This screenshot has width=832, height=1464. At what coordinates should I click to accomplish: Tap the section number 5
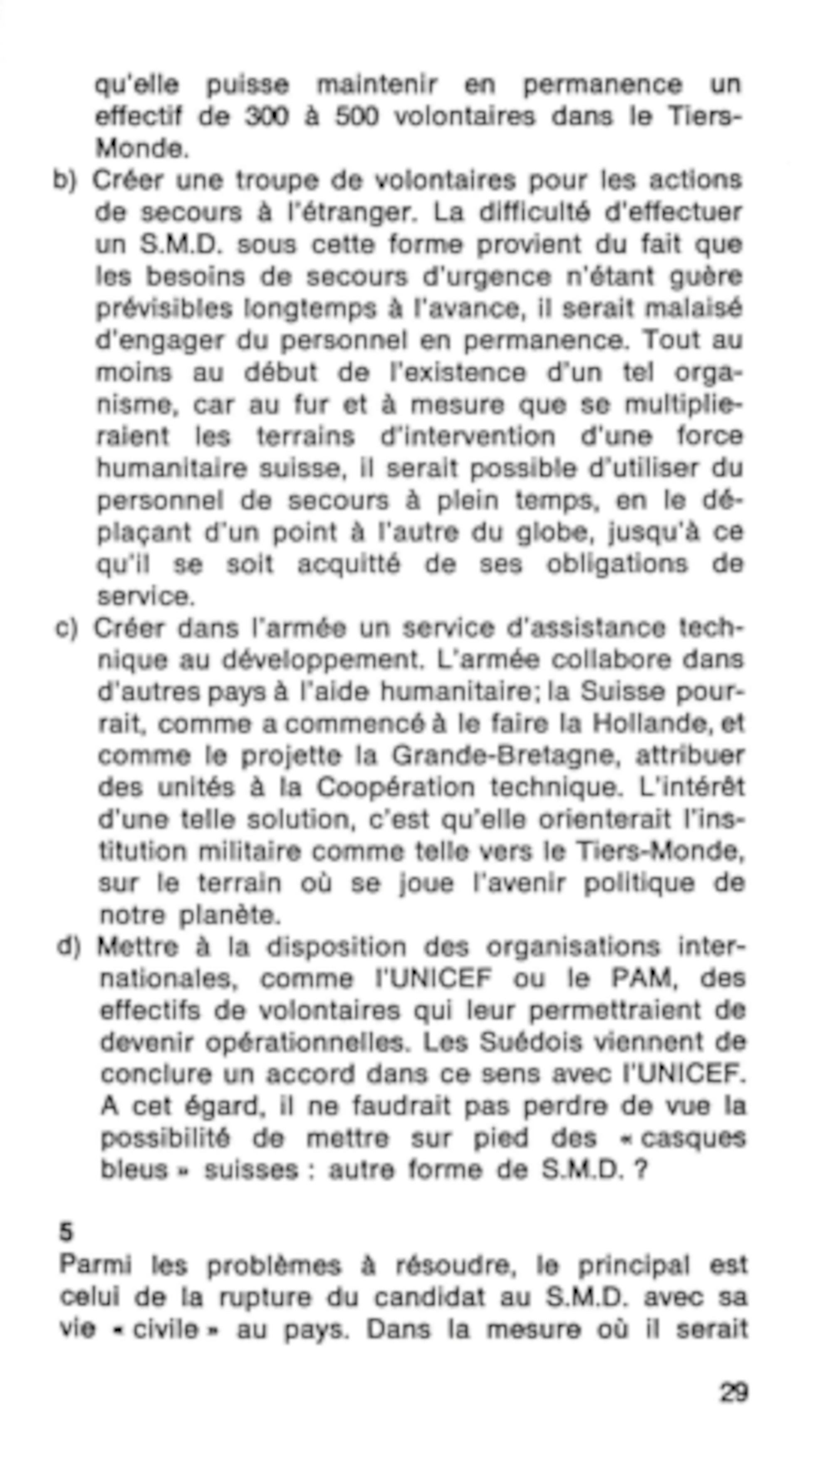pos(66,1232)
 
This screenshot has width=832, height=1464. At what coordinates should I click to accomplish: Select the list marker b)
pos(64,181)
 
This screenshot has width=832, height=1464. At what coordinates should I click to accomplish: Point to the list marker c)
pos(66,628)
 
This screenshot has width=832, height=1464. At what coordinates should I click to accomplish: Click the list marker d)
pos(69,947)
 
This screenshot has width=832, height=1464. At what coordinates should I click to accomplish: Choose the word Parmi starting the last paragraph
pos(95,1265)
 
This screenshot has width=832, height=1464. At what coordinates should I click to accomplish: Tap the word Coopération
pos(396,788)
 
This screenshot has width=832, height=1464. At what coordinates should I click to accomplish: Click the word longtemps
pos(310,309)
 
